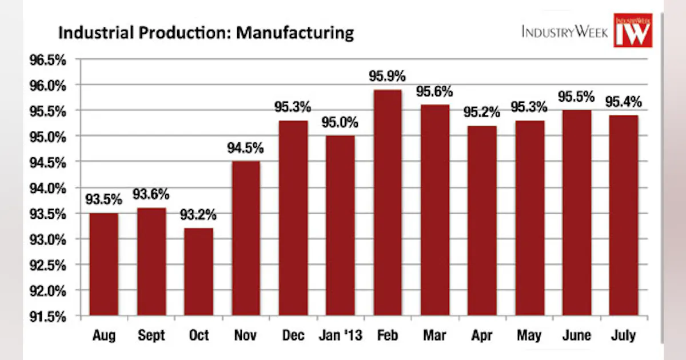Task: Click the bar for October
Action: point(198,271)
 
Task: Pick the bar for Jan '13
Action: point(340,225)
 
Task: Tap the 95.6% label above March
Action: point(434,91)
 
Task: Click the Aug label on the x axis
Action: point(103,335)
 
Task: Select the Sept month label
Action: point(151,335)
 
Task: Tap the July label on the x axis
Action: point(623,335)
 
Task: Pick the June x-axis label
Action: point(576,335)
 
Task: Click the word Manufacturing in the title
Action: point(295,33)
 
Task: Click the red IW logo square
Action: point(633,31)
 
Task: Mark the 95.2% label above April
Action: point(481,112)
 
